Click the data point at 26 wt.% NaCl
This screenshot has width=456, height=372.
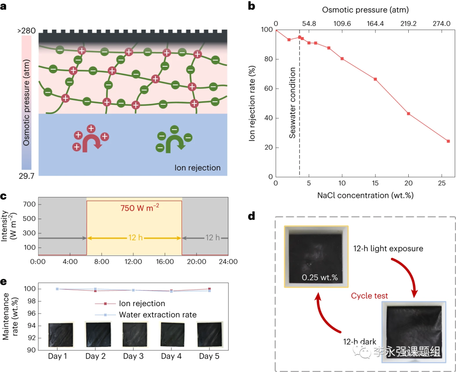448,141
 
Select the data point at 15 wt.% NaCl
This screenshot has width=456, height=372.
375,79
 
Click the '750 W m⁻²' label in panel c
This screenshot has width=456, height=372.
134,208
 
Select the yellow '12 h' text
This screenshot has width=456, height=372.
134,238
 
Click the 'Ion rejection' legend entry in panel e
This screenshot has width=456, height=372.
142,304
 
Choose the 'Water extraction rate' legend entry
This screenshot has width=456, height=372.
157,315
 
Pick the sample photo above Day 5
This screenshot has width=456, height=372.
209,334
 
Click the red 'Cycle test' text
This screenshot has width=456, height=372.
370,296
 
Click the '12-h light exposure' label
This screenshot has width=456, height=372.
388,248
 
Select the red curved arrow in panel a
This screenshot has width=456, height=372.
91,141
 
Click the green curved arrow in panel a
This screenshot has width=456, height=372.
174,141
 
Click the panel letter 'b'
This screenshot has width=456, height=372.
251,5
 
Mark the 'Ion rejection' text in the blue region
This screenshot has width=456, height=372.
198,168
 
